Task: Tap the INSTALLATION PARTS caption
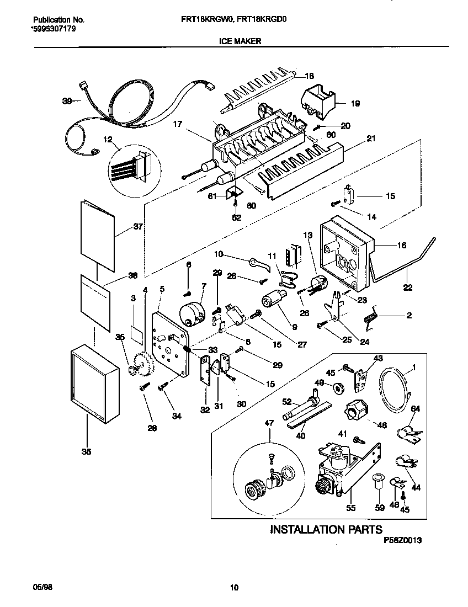point(326,530)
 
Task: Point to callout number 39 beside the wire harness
point(67,101)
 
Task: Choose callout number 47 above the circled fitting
point(269,423)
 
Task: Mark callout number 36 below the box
point(86,451)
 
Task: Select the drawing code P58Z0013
point(402,542)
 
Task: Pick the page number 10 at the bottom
point(234,588)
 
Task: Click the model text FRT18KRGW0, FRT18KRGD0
point(241,18)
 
